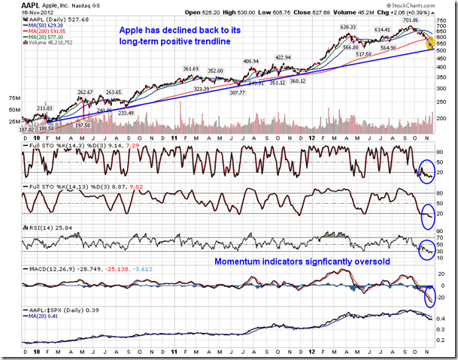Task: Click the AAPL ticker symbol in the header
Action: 15,5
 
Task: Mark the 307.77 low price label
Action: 237,92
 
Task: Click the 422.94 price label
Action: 283,57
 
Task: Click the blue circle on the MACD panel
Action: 432,296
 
